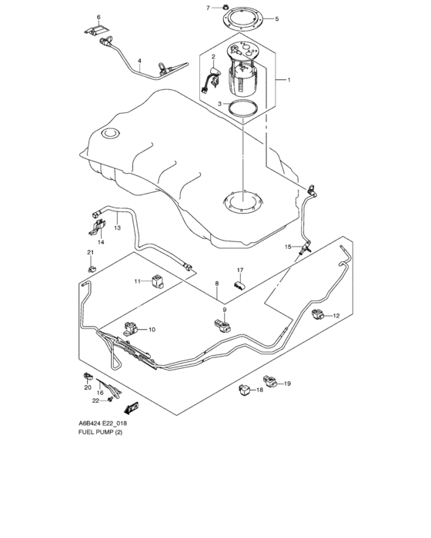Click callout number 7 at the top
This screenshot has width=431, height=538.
[x=208, y=8]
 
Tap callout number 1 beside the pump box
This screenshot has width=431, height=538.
[x=289, y=80]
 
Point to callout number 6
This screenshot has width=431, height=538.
[x=99, y=16]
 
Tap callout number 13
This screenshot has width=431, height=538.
[x=117, y=227]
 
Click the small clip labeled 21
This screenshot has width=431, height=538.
[x=92, y=268]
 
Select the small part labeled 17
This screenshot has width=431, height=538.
[x=239, y=285]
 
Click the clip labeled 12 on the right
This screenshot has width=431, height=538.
[x=319, y=314]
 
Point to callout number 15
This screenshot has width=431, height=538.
[x=288, y=247]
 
